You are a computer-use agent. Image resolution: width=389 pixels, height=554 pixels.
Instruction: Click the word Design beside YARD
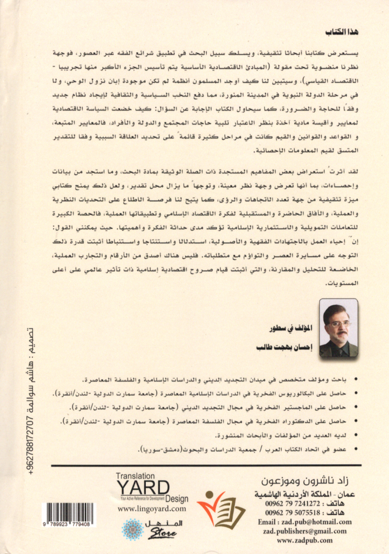[176, 499]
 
